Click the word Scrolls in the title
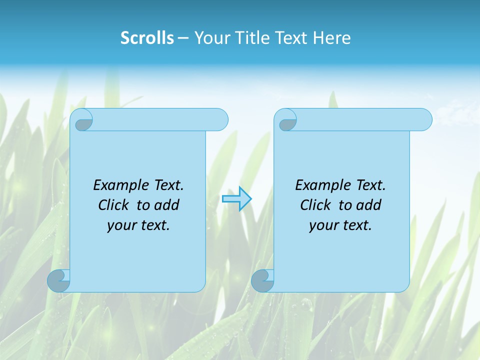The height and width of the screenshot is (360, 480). pyautogui.click(x=147, y=38)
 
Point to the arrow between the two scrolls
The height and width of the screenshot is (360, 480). pyautogui.click(x=237, y=199)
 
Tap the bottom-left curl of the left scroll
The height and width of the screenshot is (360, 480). pyautogui.click(x=58, y=280)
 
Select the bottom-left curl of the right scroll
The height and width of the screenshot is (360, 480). pyautogui.click(x=262, y=280)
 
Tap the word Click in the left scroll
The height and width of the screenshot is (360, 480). pyautogui.click(x=113, y=205)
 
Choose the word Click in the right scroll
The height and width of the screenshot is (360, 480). pyautogui.click(x=315, y=205)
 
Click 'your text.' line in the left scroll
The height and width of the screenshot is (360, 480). pyautogui.click(x=138, y=225)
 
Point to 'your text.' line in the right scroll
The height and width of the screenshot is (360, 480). pyautogui.click(x=340, y=225)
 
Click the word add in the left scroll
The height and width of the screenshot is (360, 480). pyautogui.click(x=167, y=205)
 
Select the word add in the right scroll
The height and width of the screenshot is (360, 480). pyautogui.click(x=369, y=205)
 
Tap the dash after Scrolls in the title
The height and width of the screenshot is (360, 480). pyautogui.click(x=183, y=38)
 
